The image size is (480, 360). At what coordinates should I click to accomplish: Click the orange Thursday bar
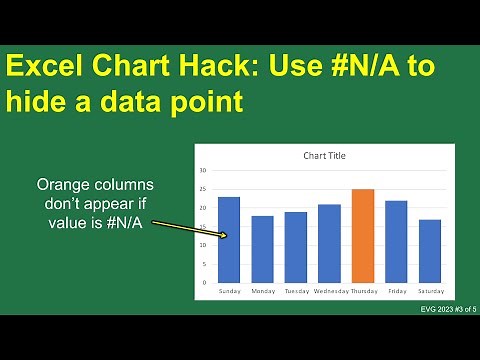[x=363, y=236]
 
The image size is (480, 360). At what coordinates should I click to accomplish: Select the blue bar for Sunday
[x=228, y=240]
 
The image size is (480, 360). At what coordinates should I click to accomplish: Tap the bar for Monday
[x=262, y=249]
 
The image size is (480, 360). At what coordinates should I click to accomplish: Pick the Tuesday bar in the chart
[x=295, y=247]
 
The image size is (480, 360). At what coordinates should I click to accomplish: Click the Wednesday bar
[x=329, y=243]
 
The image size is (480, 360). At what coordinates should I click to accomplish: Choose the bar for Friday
[x=396, y=241]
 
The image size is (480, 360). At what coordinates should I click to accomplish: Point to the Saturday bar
[x=430, y=251]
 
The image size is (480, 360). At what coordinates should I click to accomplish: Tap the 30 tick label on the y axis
[x=203, y=171]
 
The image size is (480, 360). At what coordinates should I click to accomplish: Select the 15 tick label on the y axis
[x=203, y=226]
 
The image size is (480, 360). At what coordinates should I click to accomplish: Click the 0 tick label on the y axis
[x=205, y=282]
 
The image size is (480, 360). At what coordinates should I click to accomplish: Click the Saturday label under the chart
[x=430, y=291]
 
